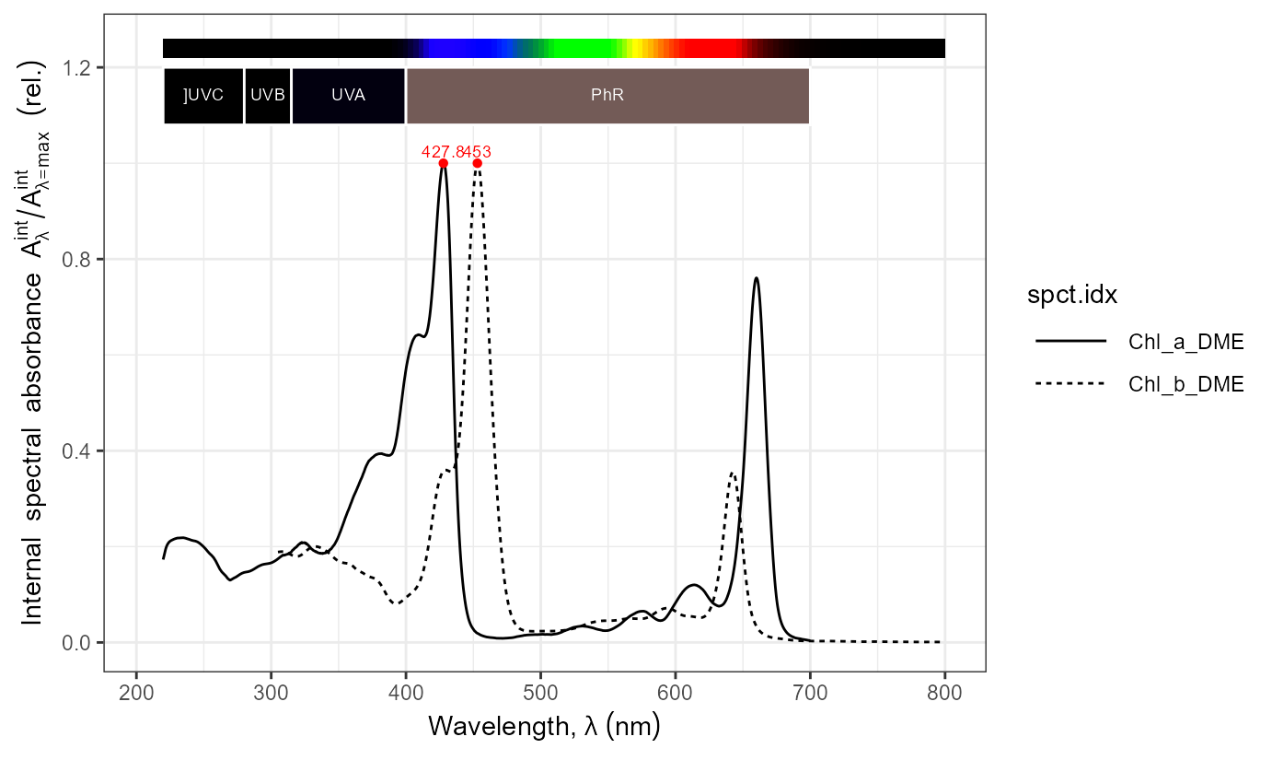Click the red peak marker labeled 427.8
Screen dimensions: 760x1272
pyautogui.click(x=444, y=163)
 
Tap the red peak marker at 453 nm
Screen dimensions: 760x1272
pyautogui.click(x=477, y=163)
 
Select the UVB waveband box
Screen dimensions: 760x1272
pyautogui.click(x=268, y=96)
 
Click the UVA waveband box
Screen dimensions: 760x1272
pyautogui.click(x=348, y=96)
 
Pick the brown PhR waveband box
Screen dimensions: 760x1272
pyautogui.click(x=607, y=96)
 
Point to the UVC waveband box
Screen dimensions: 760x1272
pyautogui.click(x=203, y=96)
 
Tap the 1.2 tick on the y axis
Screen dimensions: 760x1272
pyautogui.click(x=79, y=67)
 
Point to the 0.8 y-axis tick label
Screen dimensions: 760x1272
pyautogui.click(x=79, y=259)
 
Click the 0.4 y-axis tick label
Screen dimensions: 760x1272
pyautogui.click(x=79, y=450)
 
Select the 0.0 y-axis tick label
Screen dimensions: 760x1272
pyautogui.click(x=79, y=642)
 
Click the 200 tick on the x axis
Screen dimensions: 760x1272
pyautogui.click(x=136, y=692)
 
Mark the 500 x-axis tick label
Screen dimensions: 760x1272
pyautogui.click(x=541, y=692)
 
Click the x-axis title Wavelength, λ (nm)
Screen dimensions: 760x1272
pyautogui.click(x=544, y=727)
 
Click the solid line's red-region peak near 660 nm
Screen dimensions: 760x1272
pyautogui.click(x=756, y=277)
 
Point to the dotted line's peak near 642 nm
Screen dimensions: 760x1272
pyautogui.click(x=732, y=473)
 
